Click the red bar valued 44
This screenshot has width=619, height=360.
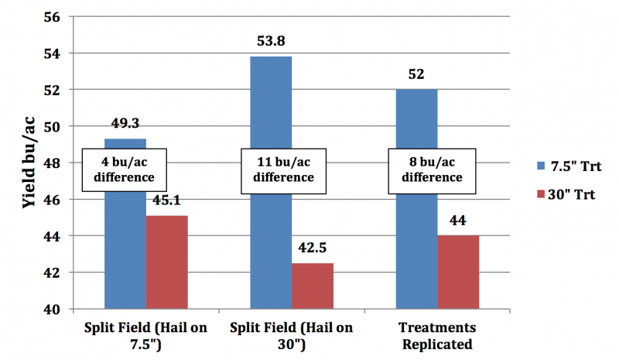(458, 272)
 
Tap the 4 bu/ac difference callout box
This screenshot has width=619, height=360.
(125, 169)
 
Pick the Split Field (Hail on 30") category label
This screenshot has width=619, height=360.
(291, 334)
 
